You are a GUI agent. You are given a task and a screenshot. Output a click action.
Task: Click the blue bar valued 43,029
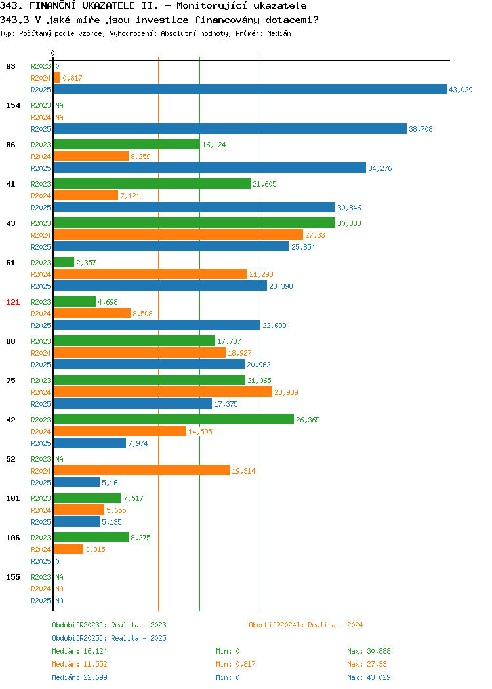coord(250,89)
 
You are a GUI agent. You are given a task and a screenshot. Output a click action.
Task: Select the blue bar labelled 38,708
coord(230,128)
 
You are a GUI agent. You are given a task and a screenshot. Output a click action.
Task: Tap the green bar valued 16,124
coord(127,144)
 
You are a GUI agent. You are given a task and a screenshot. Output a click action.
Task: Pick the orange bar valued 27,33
coord(178,234)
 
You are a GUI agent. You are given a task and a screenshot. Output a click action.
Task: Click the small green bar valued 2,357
coord(64,262)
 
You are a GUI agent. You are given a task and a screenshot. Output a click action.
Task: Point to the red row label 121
coord(12,302)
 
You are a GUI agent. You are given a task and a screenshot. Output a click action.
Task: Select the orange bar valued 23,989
coord(163,392)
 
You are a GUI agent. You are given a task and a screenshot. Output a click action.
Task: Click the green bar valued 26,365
coord(174,419)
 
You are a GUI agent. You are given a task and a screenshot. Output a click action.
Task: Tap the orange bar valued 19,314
coord(142,470)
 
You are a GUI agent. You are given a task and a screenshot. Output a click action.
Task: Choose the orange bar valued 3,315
coord(68,549)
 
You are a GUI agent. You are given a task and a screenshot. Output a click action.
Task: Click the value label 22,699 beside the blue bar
coord(274,326)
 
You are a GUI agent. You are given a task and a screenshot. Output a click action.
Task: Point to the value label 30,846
coord(349,208)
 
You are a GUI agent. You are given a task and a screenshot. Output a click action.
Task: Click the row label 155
coord(12,577)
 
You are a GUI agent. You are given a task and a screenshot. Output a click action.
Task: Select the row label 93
coord(10,66)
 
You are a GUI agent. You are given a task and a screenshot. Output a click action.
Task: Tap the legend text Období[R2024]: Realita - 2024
coord(306,625)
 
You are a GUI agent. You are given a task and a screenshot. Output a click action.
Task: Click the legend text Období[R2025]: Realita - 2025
coord(109,638)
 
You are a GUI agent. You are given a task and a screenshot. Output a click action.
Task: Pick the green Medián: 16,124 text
coord(79,651)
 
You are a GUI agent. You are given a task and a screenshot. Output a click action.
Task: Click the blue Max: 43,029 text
coord(369,677)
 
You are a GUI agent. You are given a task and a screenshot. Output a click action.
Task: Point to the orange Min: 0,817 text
coord(236,664)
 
